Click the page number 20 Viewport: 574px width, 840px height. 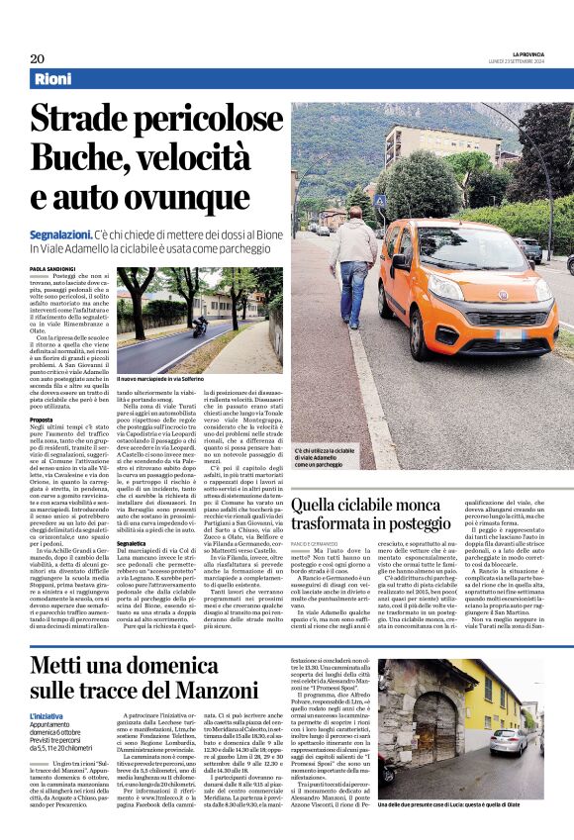37,57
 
